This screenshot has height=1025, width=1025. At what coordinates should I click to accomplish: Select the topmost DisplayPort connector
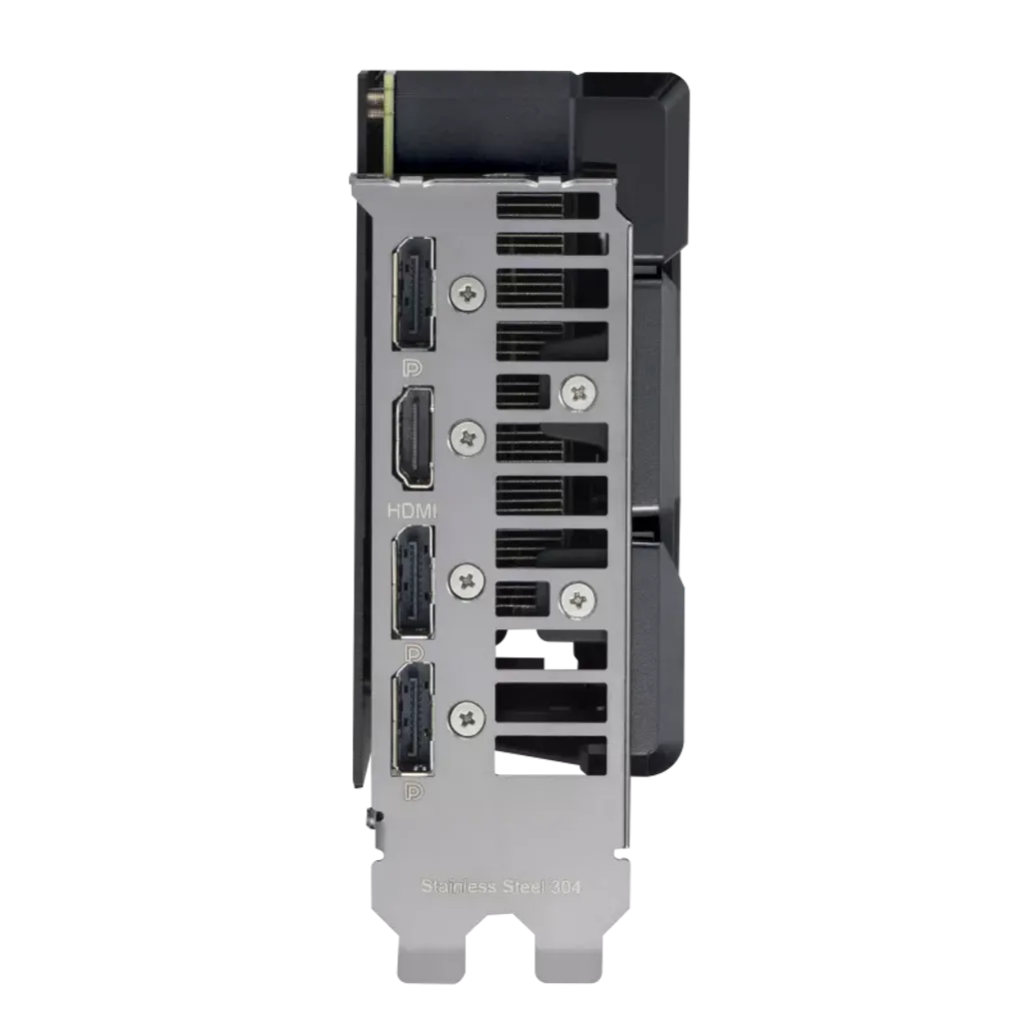(414, 289)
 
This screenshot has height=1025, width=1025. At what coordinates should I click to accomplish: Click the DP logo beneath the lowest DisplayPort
(410, 794)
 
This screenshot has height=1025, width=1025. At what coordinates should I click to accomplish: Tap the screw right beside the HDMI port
(467, 436)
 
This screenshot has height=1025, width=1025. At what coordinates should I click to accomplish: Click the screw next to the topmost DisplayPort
(466, 293)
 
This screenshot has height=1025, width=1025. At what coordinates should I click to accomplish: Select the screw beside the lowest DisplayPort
(466, 716)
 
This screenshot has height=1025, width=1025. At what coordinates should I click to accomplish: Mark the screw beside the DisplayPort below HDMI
(467, 578)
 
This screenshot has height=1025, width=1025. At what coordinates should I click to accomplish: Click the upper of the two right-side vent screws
(576, 393)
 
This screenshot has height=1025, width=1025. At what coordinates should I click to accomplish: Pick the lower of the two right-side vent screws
(576, 598)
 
